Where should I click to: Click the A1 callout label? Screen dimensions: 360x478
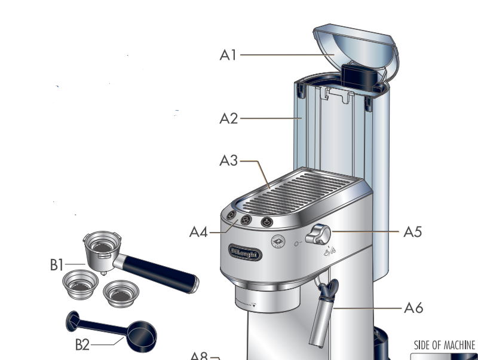pos(228,55)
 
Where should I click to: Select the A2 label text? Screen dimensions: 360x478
pos(228,118)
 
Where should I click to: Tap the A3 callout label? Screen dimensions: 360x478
pos(228,161)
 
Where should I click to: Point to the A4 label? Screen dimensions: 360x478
pos(198,231)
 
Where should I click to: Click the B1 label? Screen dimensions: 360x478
pos(57,264)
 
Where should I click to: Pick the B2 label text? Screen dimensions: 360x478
pos(83,344)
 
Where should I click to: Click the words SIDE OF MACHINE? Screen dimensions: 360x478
pos(445,346)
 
